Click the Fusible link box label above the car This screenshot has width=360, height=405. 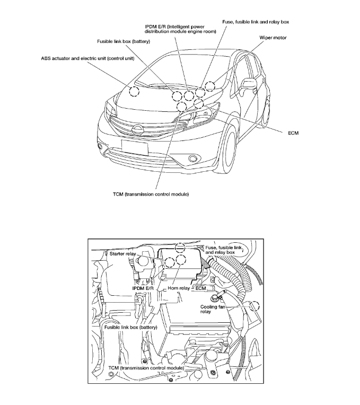click(x=123, y=41)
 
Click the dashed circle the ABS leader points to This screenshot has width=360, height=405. click(x=135, y=91)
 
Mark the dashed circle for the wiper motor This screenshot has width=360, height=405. click(x=210, y=86)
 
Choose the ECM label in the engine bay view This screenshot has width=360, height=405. click(x=200, y=288)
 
